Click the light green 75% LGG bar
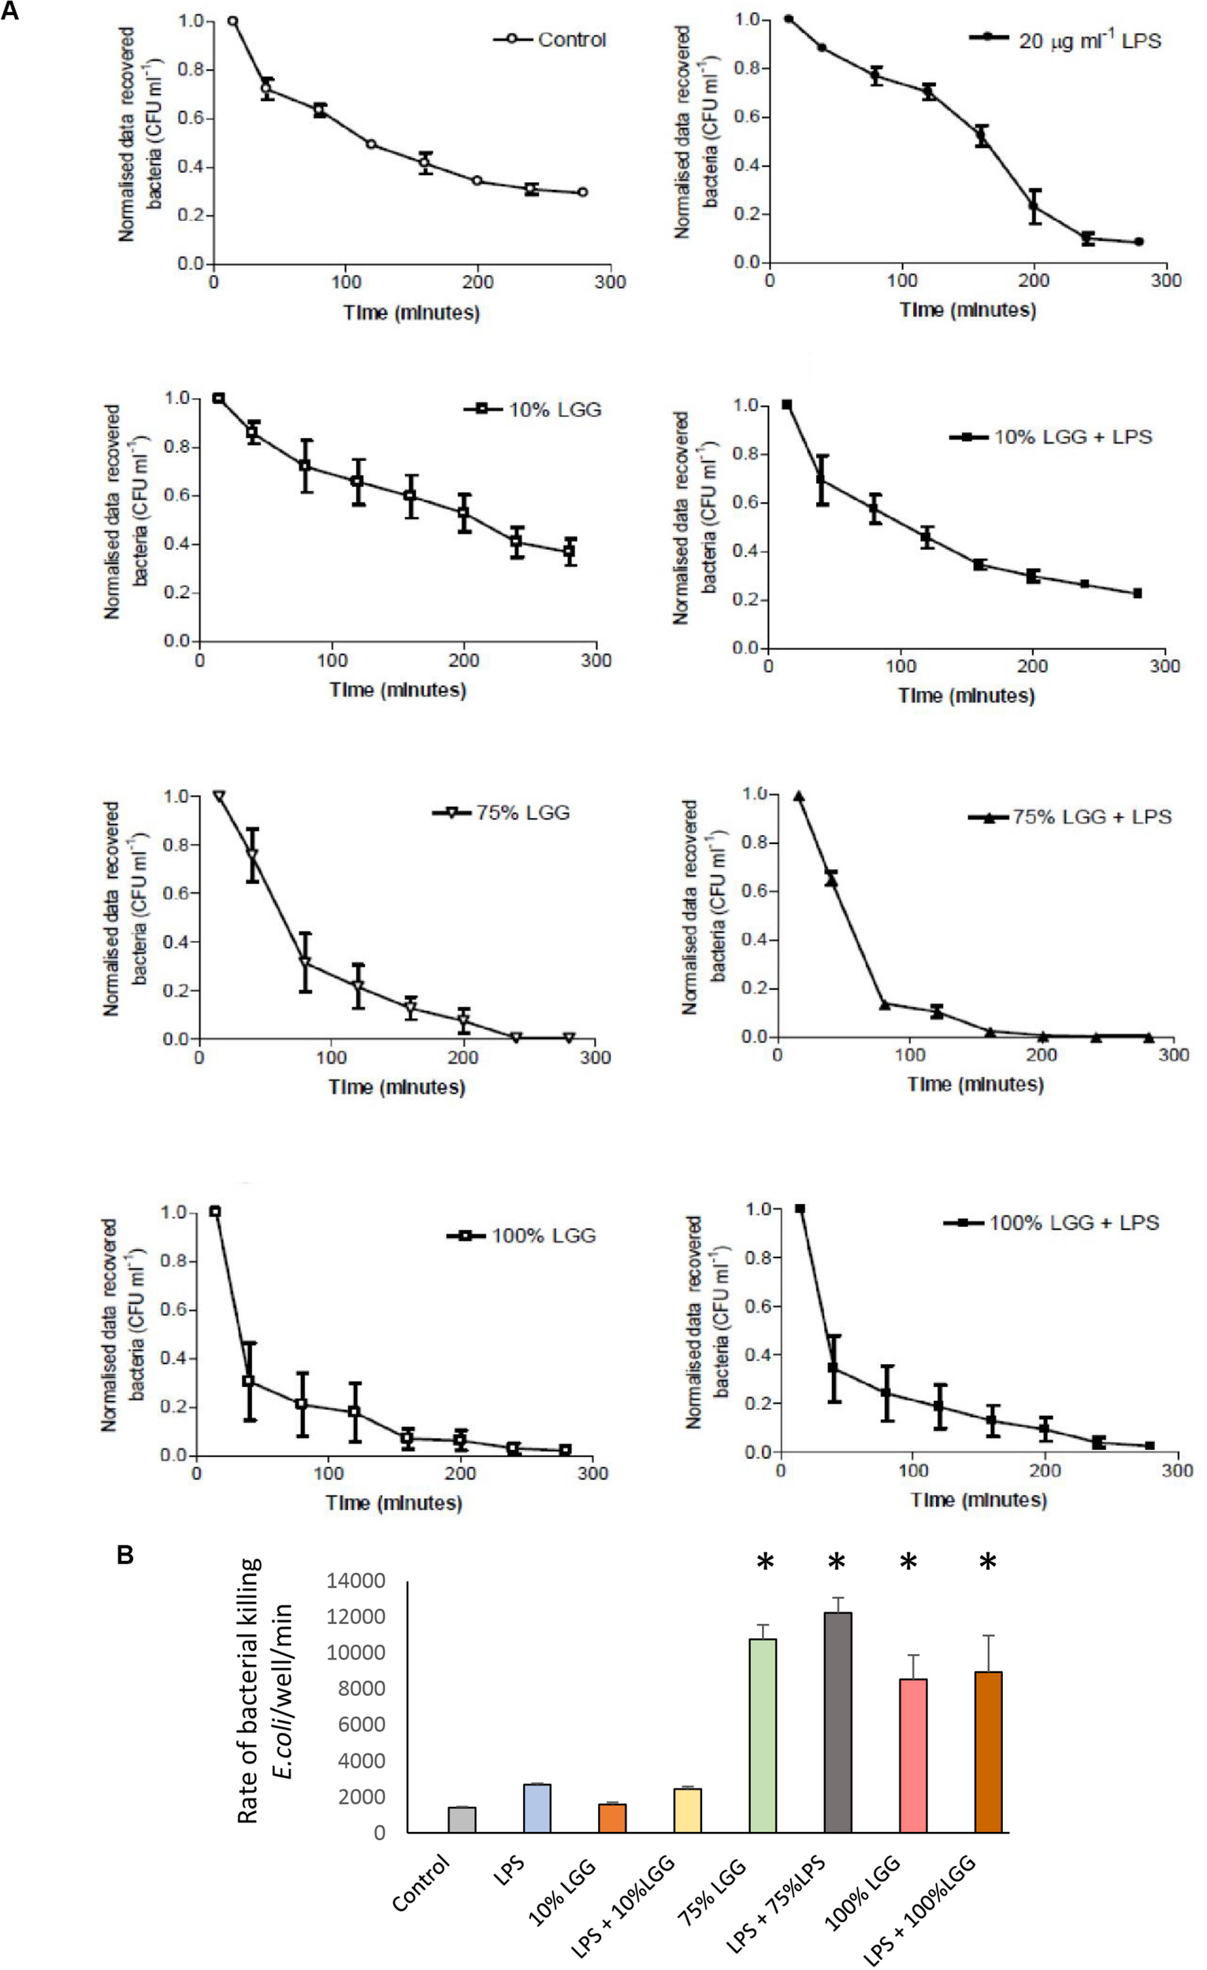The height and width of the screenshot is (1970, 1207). click(x=763, y=1735)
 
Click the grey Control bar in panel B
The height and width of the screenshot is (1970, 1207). click(x=462, y=1819)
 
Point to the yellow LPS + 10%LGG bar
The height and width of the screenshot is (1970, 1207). click(x=688, y=1810)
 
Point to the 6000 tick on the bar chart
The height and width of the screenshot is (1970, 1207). click(x=363, y=1725)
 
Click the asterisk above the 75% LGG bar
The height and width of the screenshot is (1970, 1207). click(x=765, y=1562)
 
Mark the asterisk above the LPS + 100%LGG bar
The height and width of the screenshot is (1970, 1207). click(x=988, y=1562)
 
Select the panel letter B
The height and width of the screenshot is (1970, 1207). click(x=124, y=1555)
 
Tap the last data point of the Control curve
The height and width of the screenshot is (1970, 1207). click(x=582, y=192)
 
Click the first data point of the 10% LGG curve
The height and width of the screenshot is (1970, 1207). click(x=218, y=398)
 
